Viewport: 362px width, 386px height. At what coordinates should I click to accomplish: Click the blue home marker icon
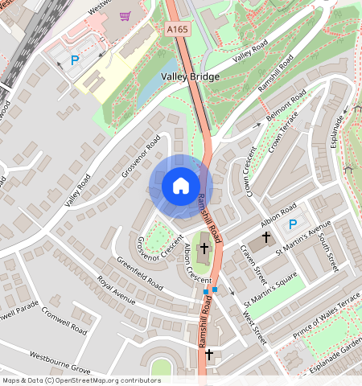[x=181, y=186]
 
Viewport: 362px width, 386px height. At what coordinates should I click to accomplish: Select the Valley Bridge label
[x=190, y=76]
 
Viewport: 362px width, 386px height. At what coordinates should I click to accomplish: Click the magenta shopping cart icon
[x=125, y=16]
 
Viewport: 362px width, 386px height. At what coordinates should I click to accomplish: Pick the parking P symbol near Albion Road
[x=293, y=224]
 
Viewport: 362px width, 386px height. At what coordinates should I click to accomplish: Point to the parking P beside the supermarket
[x=76, y=60]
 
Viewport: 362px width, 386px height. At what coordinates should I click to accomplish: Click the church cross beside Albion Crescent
[x=204, y=249]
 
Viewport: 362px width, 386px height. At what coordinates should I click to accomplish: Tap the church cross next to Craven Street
[x=265, y=239]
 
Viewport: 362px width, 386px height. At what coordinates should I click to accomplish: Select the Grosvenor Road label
[x=142, y=156]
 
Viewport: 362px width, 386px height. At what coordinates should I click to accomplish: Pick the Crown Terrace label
[x=283, y=131]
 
